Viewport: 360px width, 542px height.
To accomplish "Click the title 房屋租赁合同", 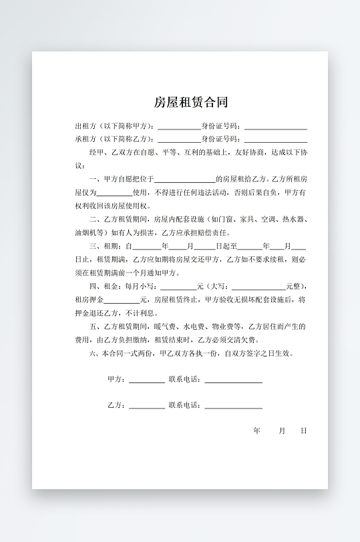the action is pyautogui.click(x=191, y=102).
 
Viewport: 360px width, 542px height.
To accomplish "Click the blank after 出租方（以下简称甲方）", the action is pyautogui.click(x=179, y=126).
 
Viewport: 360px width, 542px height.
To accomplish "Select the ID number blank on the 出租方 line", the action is pyautogui.click(x=275, y=126).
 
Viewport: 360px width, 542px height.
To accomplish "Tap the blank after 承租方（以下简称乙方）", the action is pyautogui.click(x=179, y=140).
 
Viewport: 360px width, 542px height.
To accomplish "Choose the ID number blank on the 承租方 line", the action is pyautogui.click(x=275, y=140).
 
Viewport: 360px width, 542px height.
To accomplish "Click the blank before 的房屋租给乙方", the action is pyautogui.click(x=184, y=180).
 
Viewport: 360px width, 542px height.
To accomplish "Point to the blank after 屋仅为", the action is pyautogui.click(x=115, y=193).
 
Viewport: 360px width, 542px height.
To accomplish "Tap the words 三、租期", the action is pyautogui.click(x=102, y=246).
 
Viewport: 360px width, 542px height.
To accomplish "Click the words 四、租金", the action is pyautogui.click(x=102, y=286).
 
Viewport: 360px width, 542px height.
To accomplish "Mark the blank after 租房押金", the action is pyautogui.click(x=122, y=300).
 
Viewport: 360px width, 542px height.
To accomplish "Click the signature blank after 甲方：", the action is pyautogui.click(x=146, y=380).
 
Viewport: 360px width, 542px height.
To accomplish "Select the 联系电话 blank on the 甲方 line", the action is pyautogui.click(x=233, y=380).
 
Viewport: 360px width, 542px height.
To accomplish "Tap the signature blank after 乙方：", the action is pyautogui.click(x=146, y=406).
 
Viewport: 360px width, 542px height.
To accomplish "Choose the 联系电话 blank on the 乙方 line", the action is pyautogui.click(x=233, y=406).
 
